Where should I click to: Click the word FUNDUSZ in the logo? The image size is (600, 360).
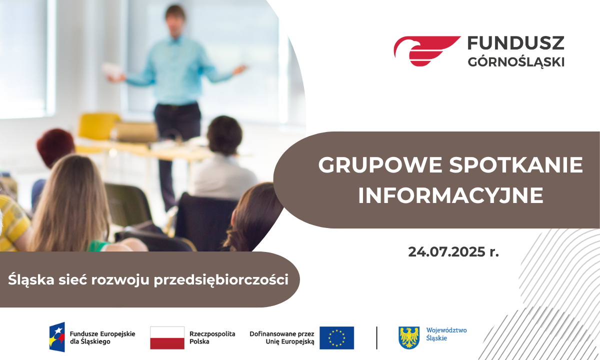[516, 43]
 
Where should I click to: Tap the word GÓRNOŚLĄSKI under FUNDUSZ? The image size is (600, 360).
[516, 62]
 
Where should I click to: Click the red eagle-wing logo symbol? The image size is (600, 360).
[427, 51]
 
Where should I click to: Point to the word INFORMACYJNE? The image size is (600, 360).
[451, 195]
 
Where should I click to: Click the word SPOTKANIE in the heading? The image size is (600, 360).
[516, 164]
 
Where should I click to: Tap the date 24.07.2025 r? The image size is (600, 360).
[453, 252]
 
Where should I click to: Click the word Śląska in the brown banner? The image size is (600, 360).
[31, 280]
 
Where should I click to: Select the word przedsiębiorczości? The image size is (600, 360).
[221, 280]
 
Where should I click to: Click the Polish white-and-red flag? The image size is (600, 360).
[167, 338]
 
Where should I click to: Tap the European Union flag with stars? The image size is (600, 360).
[336, 338]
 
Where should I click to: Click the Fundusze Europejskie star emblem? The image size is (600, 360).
[57, 337]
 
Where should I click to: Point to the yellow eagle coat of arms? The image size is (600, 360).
[409, 337]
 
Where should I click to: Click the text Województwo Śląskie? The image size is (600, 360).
[446, 334]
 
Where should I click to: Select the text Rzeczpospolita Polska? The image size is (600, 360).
[212, 337]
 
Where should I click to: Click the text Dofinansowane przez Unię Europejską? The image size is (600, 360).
[282, 337]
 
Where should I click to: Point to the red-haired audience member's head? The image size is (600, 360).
[55, 147]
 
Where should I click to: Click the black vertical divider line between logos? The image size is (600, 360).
[376, 338]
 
